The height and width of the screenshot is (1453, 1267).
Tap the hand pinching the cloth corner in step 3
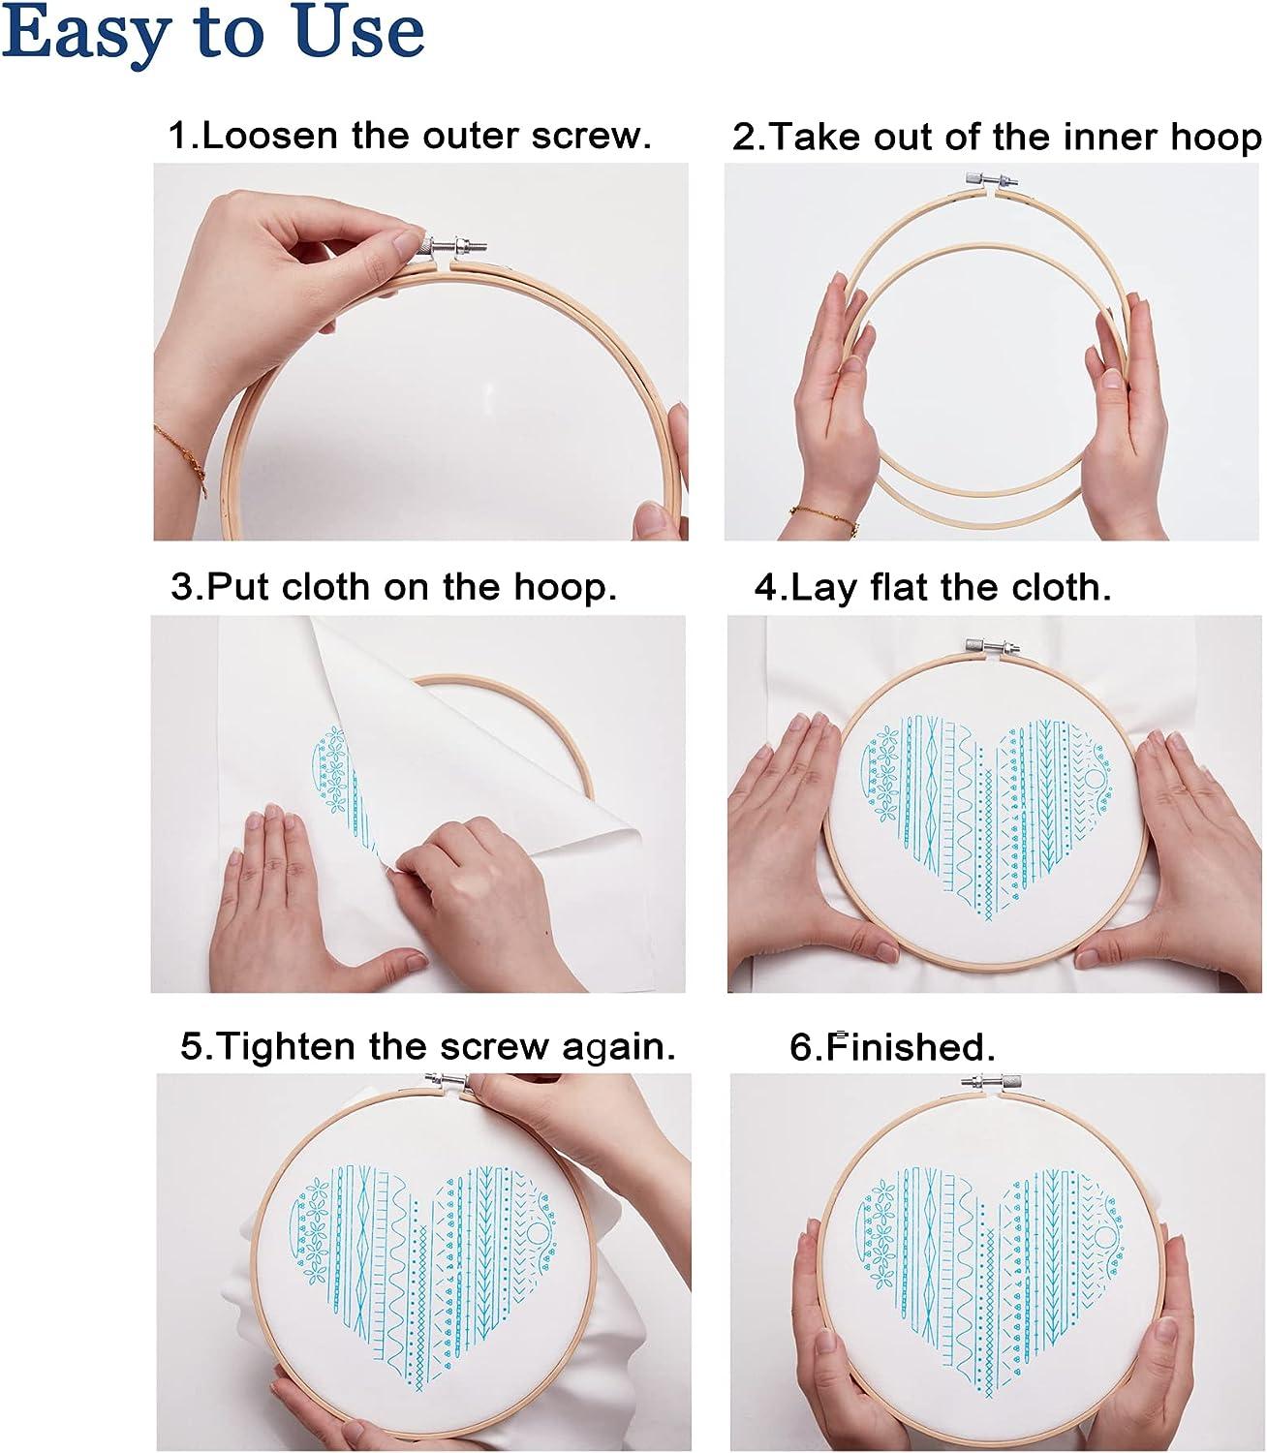pyautogui.click(x=455, y=872)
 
